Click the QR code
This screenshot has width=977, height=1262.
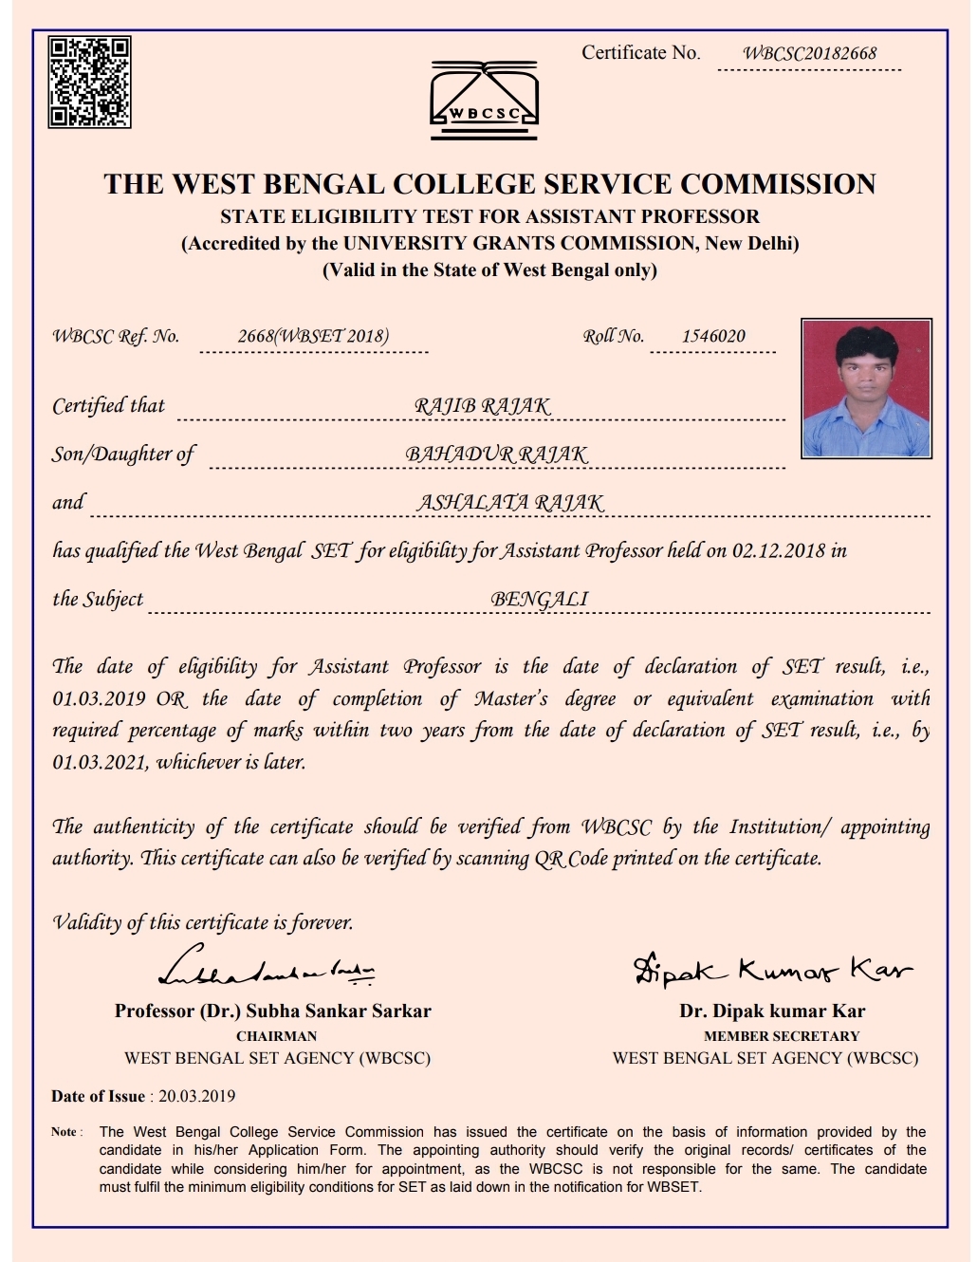click(x=90, y=83)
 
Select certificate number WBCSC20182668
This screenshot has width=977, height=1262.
click(x=809, y=54)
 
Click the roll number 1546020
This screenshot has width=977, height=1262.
click(x=713, y=336)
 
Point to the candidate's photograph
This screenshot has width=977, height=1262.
click(x=866, y=388)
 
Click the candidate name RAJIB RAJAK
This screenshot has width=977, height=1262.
click(x=482, y=406)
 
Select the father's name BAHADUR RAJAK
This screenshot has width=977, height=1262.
click(x=496, y=455)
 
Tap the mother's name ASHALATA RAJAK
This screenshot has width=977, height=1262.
click(x=509, y=503)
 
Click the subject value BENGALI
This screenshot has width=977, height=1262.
click(x=539, y=600)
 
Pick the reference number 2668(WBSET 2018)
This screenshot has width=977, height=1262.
click(x=313, y=336)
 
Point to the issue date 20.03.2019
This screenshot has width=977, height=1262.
click(x=196, y=1096)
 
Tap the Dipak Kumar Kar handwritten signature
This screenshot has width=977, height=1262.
click(x=772, y=970)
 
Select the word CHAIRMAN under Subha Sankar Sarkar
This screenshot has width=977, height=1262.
click(x=276, y=1036)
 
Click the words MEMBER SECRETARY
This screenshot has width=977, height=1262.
click(x=781, y=1036)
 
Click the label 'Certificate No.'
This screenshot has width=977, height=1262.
click(x=640, y=53)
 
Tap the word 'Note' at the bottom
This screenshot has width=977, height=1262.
click(x=65, y=1132)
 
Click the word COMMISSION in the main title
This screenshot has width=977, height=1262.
click(x=778, y=184)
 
